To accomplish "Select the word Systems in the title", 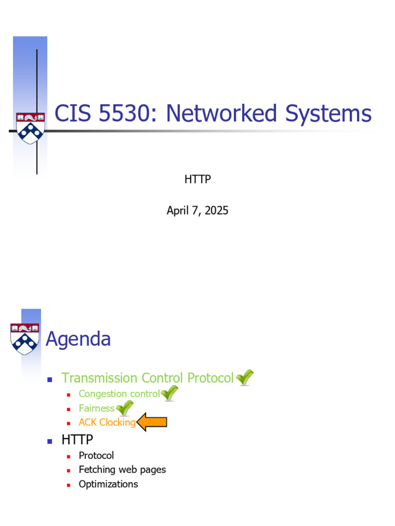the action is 328,114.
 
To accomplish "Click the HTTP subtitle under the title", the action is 197,179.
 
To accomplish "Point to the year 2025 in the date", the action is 217,210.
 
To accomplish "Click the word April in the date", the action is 177,211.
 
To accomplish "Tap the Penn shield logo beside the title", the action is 30,128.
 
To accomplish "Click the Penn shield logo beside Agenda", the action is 25,339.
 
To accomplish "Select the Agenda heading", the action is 78,339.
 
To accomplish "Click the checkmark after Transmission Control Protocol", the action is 244,378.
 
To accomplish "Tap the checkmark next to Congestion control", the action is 169,393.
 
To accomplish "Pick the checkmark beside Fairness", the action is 124,408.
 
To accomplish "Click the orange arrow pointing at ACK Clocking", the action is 152,422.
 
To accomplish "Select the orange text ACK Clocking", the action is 107,422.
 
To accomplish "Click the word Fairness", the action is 97,408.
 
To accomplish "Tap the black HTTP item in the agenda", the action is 77,440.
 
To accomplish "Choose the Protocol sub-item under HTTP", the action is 96,456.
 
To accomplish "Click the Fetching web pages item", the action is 122,470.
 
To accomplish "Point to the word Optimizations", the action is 108,484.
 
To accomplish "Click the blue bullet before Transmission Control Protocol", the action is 50,380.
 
